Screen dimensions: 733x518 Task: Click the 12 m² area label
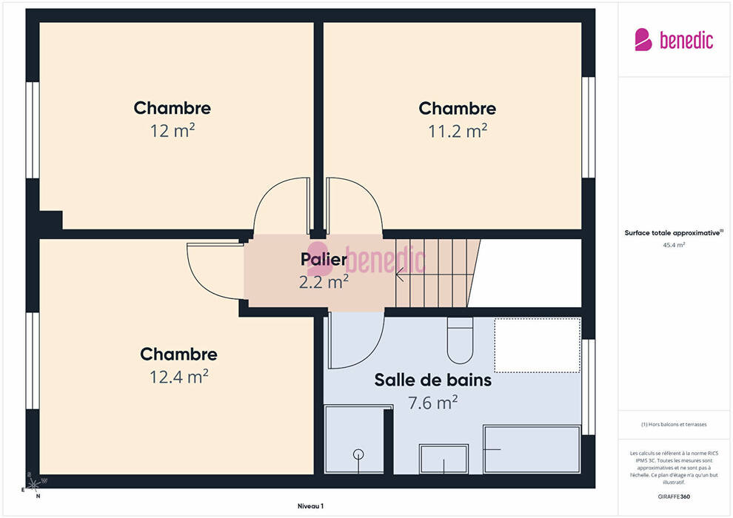(x=172, y=131)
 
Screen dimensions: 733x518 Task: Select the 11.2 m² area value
(x=458, y=131)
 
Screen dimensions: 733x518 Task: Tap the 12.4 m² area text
(x=178, y=377)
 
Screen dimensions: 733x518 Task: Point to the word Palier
(x=324, y=259)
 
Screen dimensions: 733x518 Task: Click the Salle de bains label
(x=433, y=380)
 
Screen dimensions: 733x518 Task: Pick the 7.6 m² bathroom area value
(x=433, y=403)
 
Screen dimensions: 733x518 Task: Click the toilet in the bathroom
(x=460, y=340)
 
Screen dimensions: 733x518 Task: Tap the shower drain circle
(x=358, y=454)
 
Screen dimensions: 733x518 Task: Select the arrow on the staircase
(x=400, y=275)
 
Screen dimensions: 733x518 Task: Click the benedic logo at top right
(x=674, y=40)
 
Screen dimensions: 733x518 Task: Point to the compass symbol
(x=33, y=485)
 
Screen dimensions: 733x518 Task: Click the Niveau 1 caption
(x=310, y=506)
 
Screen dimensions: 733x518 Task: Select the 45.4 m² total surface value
(x=674, y=245)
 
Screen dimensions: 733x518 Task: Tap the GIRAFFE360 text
(x=674, y=497)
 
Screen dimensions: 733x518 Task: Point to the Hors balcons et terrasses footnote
(x=674, y=425)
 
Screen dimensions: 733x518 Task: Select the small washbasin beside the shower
(x=444, y=459)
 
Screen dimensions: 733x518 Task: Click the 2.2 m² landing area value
(x=324, y=282)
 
